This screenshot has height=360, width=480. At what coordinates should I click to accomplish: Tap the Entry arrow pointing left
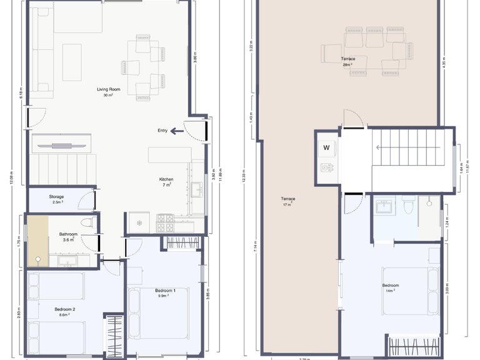point(178,131)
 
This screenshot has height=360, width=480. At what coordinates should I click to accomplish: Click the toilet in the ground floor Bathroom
point(86,221)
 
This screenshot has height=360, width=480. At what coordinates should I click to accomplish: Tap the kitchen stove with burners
point(165,219)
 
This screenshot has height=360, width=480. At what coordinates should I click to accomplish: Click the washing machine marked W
point(326,148)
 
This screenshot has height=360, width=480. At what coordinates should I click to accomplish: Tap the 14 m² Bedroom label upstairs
point(391,288)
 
